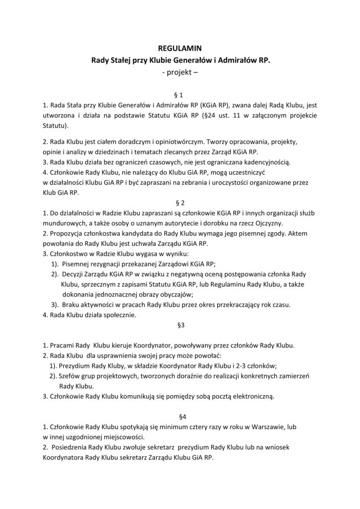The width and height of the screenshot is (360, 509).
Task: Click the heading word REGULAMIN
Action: point(180,49)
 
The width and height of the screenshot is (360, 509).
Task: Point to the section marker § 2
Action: point(180,203)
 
